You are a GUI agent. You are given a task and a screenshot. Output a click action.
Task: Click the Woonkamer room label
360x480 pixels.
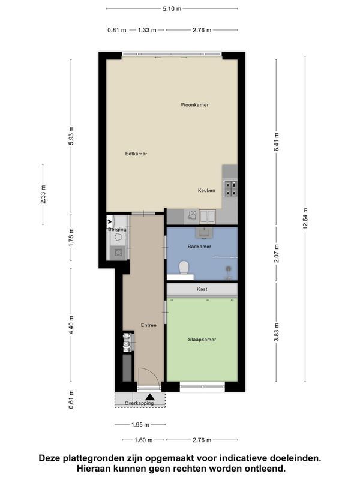coord(194,104)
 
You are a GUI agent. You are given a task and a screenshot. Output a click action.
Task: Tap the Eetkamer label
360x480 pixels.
coord(136,154)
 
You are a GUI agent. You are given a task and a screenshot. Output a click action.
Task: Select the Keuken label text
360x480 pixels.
coord(206,190)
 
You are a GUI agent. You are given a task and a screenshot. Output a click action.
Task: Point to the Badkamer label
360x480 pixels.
coord(199,246)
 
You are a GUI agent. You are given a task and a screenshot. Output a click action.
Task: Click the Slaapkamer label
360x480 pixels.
coord(202,339)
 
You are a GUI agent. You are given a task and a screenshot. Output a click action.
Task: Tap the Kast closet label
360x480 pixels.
coord(202,289)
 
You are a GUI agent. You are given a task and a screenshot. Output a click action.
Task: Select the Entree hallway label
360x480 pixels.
coord(148,325)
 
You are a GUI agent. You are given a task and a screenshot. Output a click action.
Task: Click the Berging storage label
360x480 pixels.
coord(117,229)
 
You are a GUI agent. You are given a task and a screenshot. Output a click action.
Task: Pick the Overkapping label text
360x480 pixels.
coord(139,403)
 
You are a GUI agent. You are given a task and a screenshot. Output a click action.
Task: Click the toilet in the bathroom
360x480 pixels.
coord(184,267)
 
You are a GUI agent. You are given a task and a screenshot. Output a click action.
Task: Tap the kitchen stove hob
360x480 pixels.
coord(230,188)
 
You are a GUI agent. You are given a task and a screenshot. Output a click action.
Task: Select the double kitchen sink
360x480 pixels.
coord(208,216)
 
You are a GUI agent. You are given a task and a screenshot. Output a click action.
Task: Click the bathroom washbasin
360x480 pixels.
coord(203,233)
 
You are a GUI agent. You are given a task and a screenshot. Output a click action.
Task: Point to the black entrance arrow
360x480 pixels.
coord(150,397)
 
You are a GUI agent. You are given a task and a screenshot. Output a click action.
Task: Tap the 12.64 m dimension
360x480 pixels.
coord(305,218)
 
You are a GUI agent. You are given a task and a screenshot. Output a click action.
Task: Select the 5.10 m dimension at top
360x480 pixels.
coord(172,8)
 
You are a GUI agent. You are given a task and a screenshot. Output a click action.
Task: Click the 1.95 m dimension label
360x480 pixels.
coord(140,425)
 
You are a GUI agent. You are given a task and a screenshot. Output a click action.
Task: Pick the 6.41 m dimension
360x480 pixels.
coord(276,142)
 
